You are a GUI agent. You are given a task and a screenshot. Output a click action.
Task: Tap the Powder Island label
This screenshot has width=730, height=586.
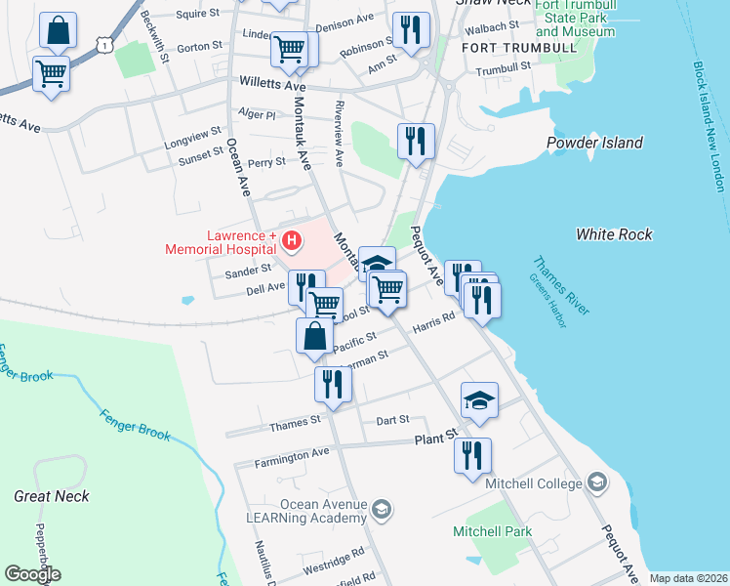click(x=594, y=143)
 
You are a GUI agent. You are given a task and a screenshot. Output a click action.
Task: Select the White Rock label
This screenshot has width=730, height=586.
click(x=614, y=234)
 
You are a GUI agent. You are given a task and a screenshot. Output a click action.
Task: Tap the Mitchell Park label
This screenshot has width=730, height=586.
click(x=492, y=531)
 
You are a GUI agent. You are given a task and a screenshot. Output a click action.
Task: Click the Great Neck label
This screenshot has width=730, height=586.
click(x=52, y=496)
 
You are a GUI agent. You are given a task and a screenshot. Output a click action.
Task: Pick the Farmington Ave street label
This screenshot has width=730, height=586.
click(x=293, y=455)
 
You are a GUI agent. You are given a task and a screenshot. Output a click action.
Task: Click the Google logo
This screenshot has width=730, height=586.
click(x=32, y=574)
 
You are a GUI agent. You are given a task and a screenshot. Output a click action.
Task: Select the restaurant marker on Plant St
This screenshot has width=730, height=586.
click(x=472, y=456)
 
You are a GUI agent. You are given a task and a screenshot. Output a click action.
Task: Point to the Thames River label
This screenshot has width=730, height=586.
click(x=561, y=285)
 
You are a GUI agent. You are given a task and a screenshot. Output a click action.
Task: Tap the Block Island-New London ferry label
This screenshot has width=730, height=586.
click(x=710, y=127)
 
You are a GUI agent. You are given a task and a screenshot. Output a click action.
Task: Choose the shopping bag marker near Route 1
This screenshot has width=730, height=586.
click(x=58, y=31)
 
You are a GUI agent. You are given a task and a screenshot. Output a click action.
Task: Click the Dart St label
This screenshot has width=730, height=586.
click(x=391, y=421)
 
